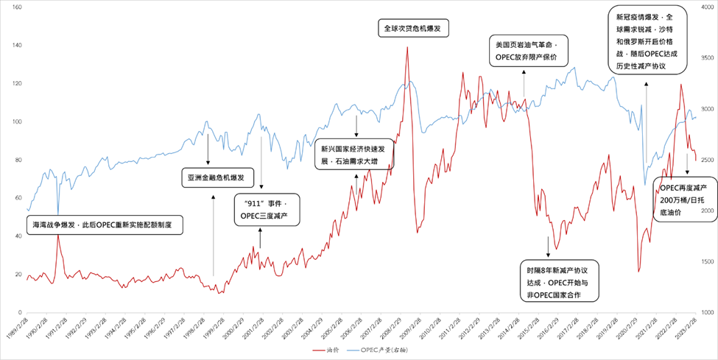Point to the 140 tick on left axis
(x=15, y=45)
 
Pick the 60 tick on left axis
(x=17, y=198)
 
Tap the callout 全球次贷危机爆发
(x=415, y=29)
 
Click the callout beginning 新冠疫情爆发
(x=649, y=41)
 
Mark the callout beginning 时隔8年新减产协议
(x=558, y=279)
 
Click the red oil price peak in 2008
(x=407, y=48)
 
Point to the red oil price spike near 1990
(x=57, y=236)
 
